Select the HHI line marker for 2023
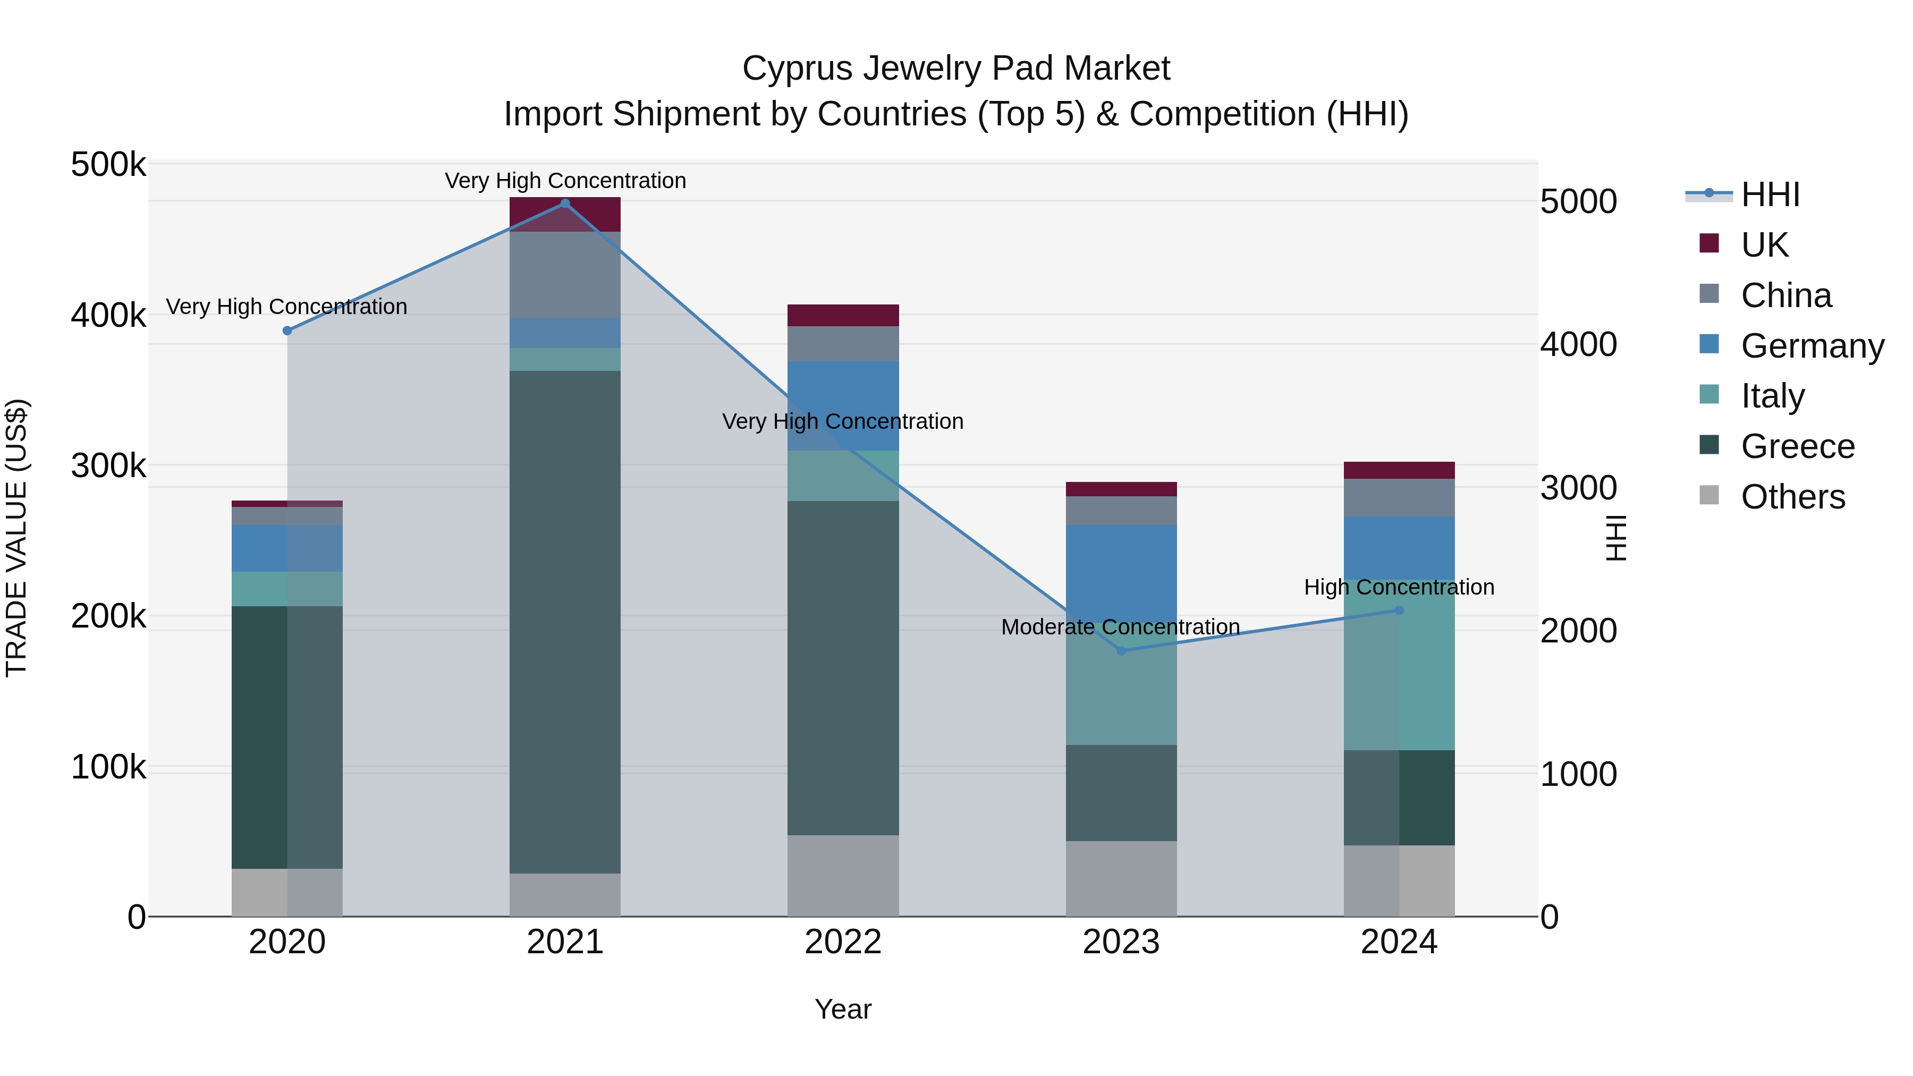click(1121, 650)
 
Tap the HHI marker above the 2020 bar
click(287, 331)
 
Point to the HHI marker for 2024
click(1399, 611)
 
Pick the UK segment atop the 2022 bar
click(843, 315)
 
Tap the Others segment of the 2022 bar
click(843, 876)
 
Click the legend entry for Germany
click(1812, 345)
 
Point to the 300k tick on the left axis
click(108, 467)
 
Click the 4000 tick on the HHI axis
click(1579, 344)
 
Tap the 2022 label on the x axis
click(843, 942)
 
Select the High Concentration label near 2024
click(1399, 587)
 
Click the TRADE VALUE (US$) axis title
click(16, 538)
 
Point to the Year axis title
click(843, 1009)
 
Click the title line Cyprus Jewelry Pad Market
click(956, 69)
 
